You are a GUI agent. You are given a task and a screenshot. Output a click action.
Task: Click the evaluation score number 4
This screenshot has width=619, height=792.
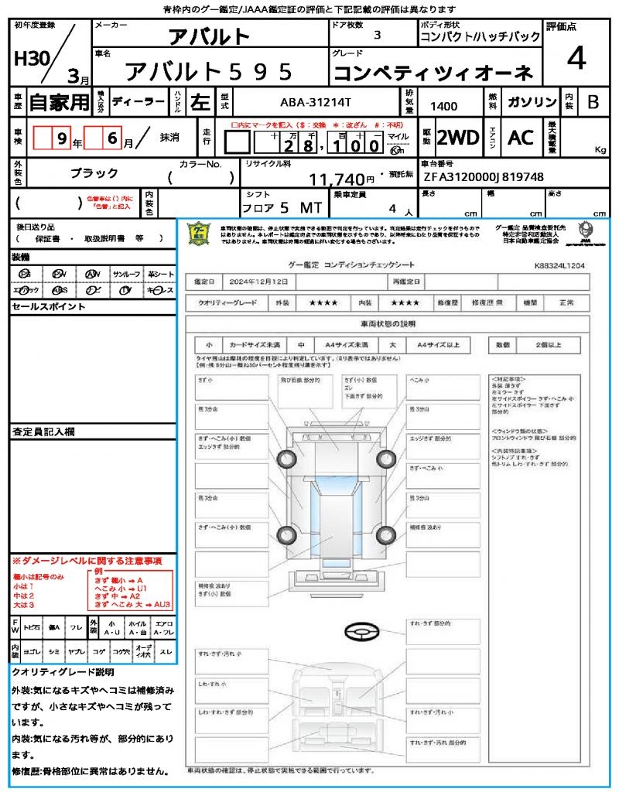click(576, 59)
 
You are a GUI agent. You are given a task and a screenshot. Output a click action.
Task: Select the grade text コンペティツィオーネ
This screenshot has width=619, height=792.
click(433, 73)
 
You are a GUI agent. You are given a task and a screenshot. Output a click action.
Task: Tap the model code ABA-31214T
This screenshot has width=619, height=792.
click(315, 102)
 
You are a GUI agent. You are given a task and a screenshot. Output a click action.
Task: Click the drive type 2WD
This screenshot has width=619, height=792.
click(458, 138)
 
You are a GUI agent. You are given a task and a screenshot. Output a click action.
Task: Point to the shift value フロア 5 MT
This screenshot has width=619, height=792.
click(279, 209)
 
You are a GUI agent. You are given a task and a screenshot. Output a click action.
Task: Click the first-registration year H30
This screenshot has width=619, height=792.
click(30, 59)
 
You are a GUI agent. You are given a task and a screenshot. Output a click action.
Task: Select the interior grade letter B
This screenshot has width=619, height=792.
click(593, 102)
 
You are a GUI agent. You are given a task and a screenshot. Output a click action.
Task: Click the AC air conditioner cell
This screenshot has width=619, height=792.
click(521, 138)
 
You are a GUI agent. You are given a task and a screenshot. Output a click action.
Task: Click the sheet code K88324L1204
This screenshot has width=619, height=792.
click(559, 265)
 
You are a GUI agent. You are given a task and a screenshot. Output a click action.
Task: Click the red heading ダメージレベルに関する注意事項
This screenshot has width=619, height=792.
click(91, 560)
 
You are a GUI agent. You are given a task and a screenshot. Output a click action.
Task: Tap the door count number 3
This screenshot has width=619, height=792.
click(377, 36)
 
